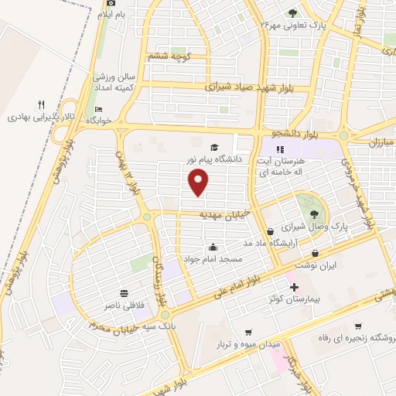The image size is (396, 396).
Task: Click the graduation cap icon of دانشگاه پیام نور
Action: tap(214, 147)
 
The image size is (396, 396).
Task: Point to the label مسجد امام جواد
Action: tap(213, 259)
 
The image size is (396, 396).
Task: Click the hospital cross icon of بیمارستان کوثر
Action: tap(293, 288)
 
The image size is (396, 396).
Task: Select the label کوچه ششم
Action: tap(170, 56)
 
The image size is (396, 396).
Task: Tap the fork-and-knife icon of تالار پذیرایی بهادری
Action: tap(42, 105)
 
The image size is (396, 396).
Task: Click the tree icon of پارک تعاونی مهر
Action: tap(292, 13)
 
